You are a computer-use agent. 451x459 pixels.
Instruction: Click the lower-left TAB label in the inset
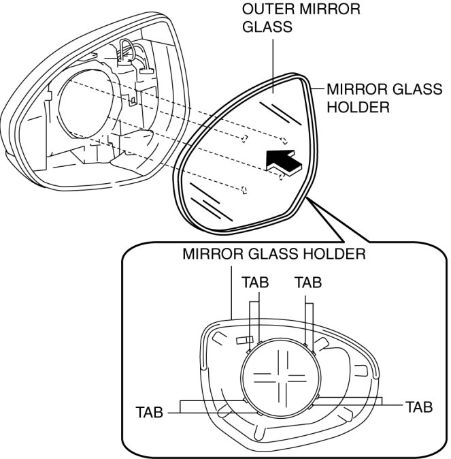150,412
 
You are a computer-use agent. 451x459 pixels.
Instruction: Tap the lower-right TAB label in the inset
418,407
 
